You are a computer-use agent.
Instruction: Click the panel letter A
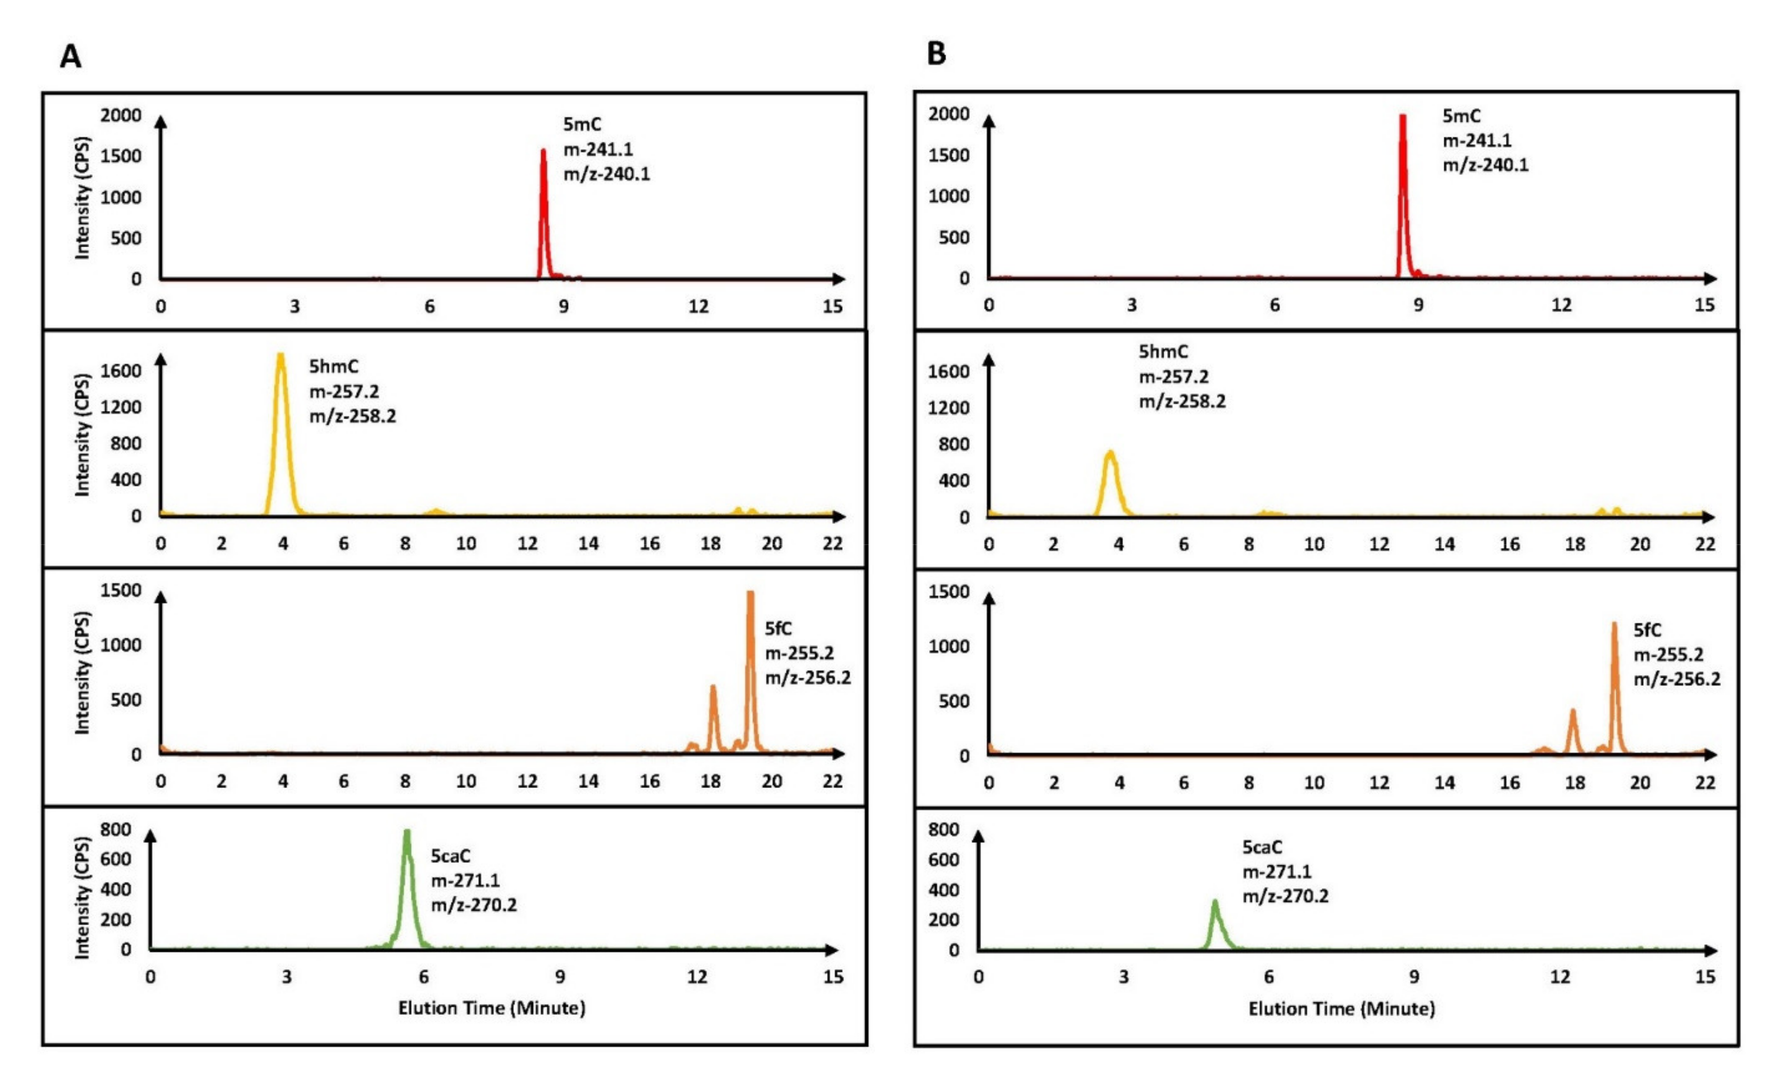70,56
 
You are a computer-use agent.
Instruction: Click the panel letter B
936,54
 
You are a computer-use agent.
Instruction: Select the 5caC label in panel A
450,856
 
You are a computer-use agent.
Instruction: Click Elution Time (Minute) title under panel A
491,1008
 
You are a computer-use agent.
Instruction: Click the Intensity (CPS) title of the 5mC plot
83,197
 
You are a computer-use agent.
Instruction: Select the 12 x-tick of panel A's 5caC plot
696,977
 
